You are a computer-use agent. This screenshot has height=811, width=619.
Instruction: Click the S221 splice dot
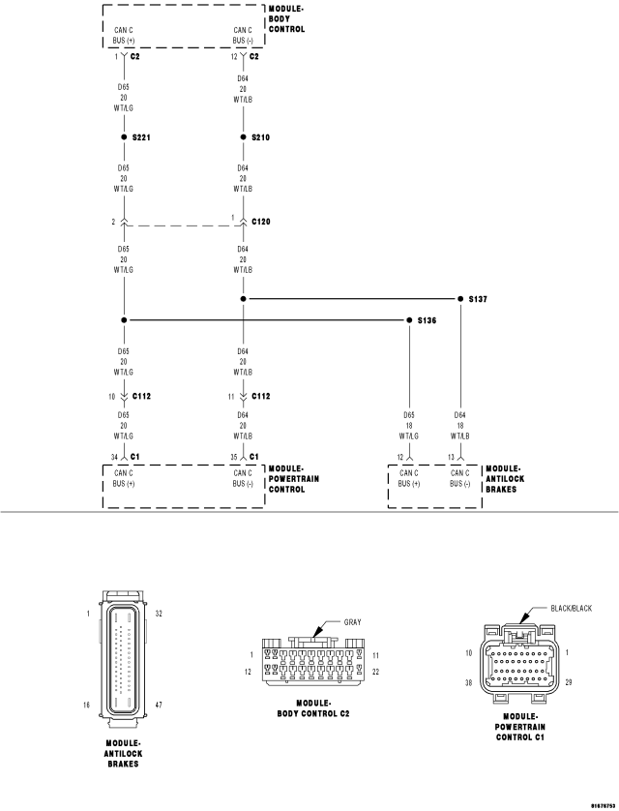(x=124, y=138)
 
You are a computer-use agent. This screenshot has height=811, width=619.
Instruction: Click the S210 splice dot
(x=243, y=138)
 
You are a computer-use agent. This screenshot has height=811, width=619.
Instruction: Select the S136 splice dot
(x=409, y=319)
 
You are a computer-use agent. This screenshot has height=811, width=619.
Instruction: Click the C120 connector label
(x=261, y=222)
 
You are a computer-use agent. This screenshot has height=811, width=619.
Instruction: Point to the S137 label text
(x=478, y=299)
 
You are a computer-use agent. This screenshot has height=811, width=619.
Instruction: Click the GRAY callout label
(x=352, y=622)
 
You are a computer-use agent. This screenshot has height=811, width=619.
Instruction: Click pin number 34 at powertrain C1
(x=114, y=456)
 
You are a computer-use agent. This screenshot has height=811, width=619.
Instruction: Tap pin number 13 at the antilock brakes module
(x=452, y=456)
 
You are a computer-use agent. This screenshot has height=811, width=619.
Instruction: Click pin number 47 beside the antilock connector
(x=159, y=706)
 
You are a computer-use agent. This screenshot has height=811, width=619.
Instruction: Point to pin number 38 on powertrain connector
(x=468, y=682)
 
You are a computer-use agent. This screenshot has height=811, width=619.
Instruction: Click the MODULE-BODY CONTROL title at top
(x=285, y=18)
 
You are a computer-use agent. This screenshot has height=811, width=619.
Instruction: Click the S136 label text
(x=427, y=319)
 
